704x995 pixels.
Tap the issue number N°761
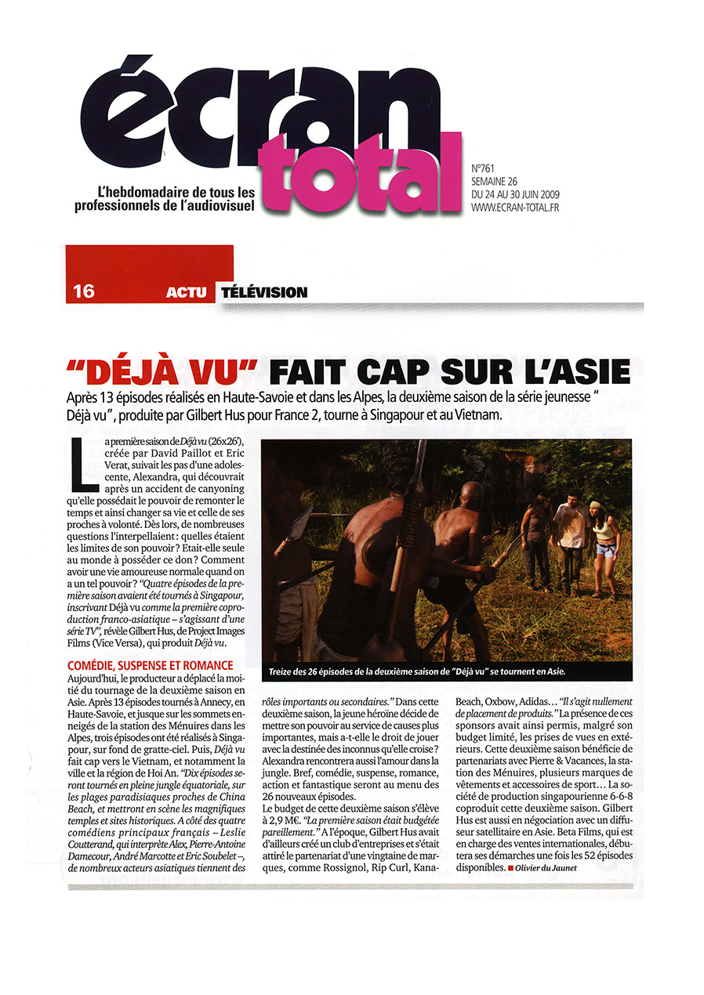487,168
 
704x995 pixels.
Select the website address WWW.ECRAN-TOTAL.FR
515,207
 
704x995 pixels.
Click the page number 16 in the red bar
83,292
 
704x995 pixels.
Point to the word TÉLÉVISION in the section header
263,292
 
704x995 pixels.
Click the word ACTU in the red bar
187,293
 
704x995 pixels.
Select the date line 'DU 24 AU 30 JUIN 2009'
515,194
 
